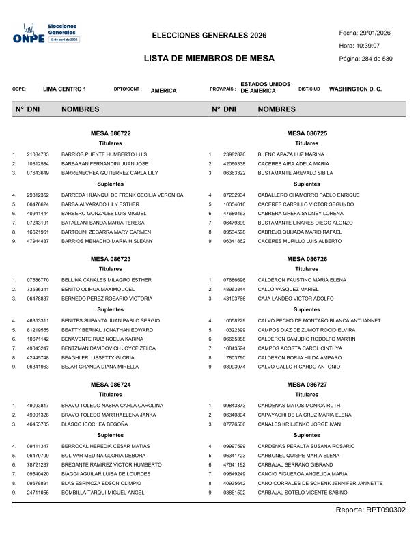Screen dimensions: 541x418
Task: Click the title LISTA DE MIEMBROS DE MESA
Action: (x=209, y=59)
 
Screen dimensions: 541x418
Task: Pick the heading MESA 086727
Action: (x=307, y=385)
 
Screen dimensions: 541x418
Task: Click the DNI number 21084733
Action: (x=38, y=154)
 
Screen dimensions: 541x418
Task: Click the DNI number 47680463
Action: (x=234, y=214)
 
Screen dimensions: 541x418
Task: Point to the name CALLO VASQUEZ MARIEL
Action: (x=288, y=290)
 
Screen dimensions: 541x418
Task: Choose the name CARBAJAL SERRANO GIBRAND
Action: (x=296, y=464)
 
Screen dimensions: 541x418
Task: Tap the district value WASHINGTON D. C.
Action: (x=355, y=89)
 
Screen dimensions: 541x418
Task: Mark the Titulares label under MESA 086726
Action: (x=307, y=269)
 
